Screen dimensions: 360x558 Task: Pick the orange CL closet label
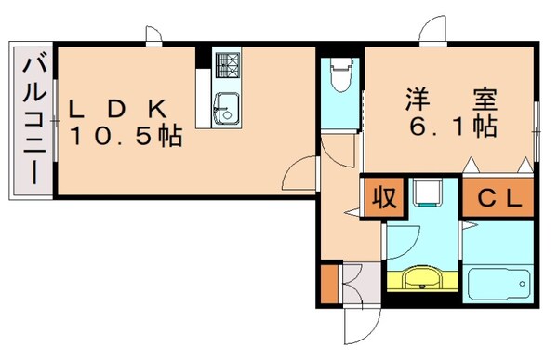(498, 198)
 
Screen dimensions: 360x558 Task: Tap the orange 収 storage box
(381, 198)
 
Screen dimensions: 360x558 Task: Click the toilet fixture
(341, 74)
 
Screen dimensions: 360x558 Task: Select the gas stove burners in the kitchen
(227, 65)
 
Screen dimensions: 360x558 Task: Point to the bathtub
(499, 282)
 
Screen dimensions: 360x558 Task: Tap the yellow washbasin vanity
(423, 279)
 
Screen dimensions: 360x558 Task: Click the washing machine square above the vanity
(427, 193)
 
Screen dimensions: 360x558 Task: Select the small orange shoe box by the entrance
(328, 285)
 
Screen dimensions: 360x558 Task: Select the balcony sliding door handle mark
(56, 121)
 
